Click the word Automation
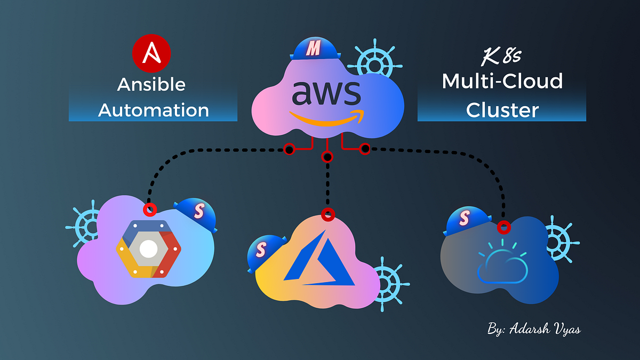154,110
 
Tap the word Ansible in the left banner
151,84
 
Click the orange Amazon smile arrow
326,118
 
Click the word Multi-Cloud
502,82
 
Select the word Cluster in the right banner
502,110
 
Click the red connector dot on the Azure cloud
328,215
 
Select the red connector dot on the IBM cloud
503,228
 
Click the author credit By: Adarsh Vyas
533,329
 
